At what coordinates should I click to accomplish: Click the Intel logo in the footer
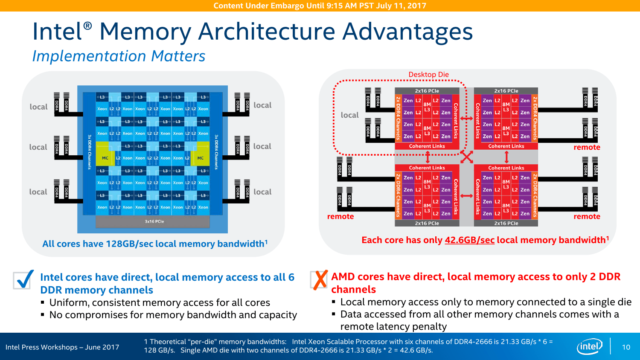click(x=590, y=346)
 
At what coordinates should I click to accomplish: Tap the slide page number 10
click(x=626, y=347)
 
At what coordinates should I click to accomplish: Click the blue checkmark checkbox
click(x=23, y=280)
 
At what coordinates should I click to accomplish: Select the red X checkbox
click(x=319, y=280)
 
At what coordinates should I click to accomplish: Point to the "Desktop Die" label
click(x=428, y=75)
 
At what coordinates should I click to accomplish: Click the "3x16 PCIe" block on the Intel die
click(x=154, y=221)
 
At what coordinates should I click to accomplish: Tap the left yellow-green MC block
click(x=105, y=158)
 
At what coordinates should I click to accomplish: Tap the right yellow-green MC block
click(x=200, y=158)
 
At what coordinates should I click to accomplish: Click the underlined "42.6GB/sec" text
click(x=469, y=240)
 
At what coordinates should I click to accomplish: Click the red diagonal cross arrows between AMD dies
click(x=467, y=157)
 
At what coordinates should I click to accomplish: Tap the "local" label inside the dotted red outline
click(x=349, y=115)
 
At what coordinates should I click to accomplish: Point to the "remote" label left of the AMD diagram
click(x=340, y=217)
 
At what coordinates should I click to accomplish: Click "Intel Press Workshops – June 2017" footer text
click(x=62, y=347)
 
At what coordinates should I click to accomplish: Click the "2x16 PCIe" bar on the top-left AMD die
click(x=427, y=91)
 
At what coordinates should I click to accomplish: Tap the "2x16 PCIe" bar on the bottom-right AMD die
click(x=506, y=223)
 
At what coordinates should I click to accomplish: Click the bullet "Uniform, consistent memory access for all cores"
click(x=160, y=303)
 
